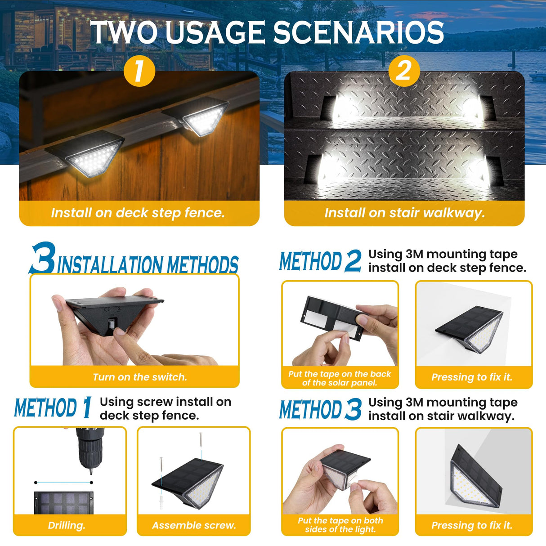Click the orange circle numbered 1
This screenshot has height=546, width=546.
point(139,71)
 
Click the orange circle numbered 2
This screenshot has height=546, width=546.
point(403,71)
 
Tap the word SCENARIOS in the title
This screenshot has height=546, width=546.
point(358,32)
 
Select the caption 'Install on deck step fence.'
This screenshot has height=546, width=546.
point(138,213)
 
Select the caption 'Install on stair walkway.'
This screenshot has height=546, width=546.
point(404,213)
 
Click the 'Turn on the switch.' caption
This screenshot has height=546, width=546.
point(139,377)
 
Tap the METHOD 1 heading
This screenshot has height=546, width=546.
point(53,407)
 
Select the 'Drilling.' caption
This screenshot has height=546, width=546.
point(67,525)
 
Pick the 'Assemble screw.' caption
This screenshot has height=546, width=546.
point(194,525)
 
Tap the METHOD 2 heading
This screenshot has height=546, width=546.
point(320,261)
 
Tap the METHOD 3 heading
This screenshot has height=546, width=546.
point(320,409)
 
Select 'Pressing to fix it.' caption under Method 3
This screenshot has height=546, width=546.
point(472,525)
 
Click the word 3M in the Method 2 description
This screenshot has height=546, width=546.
point(415,254)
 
